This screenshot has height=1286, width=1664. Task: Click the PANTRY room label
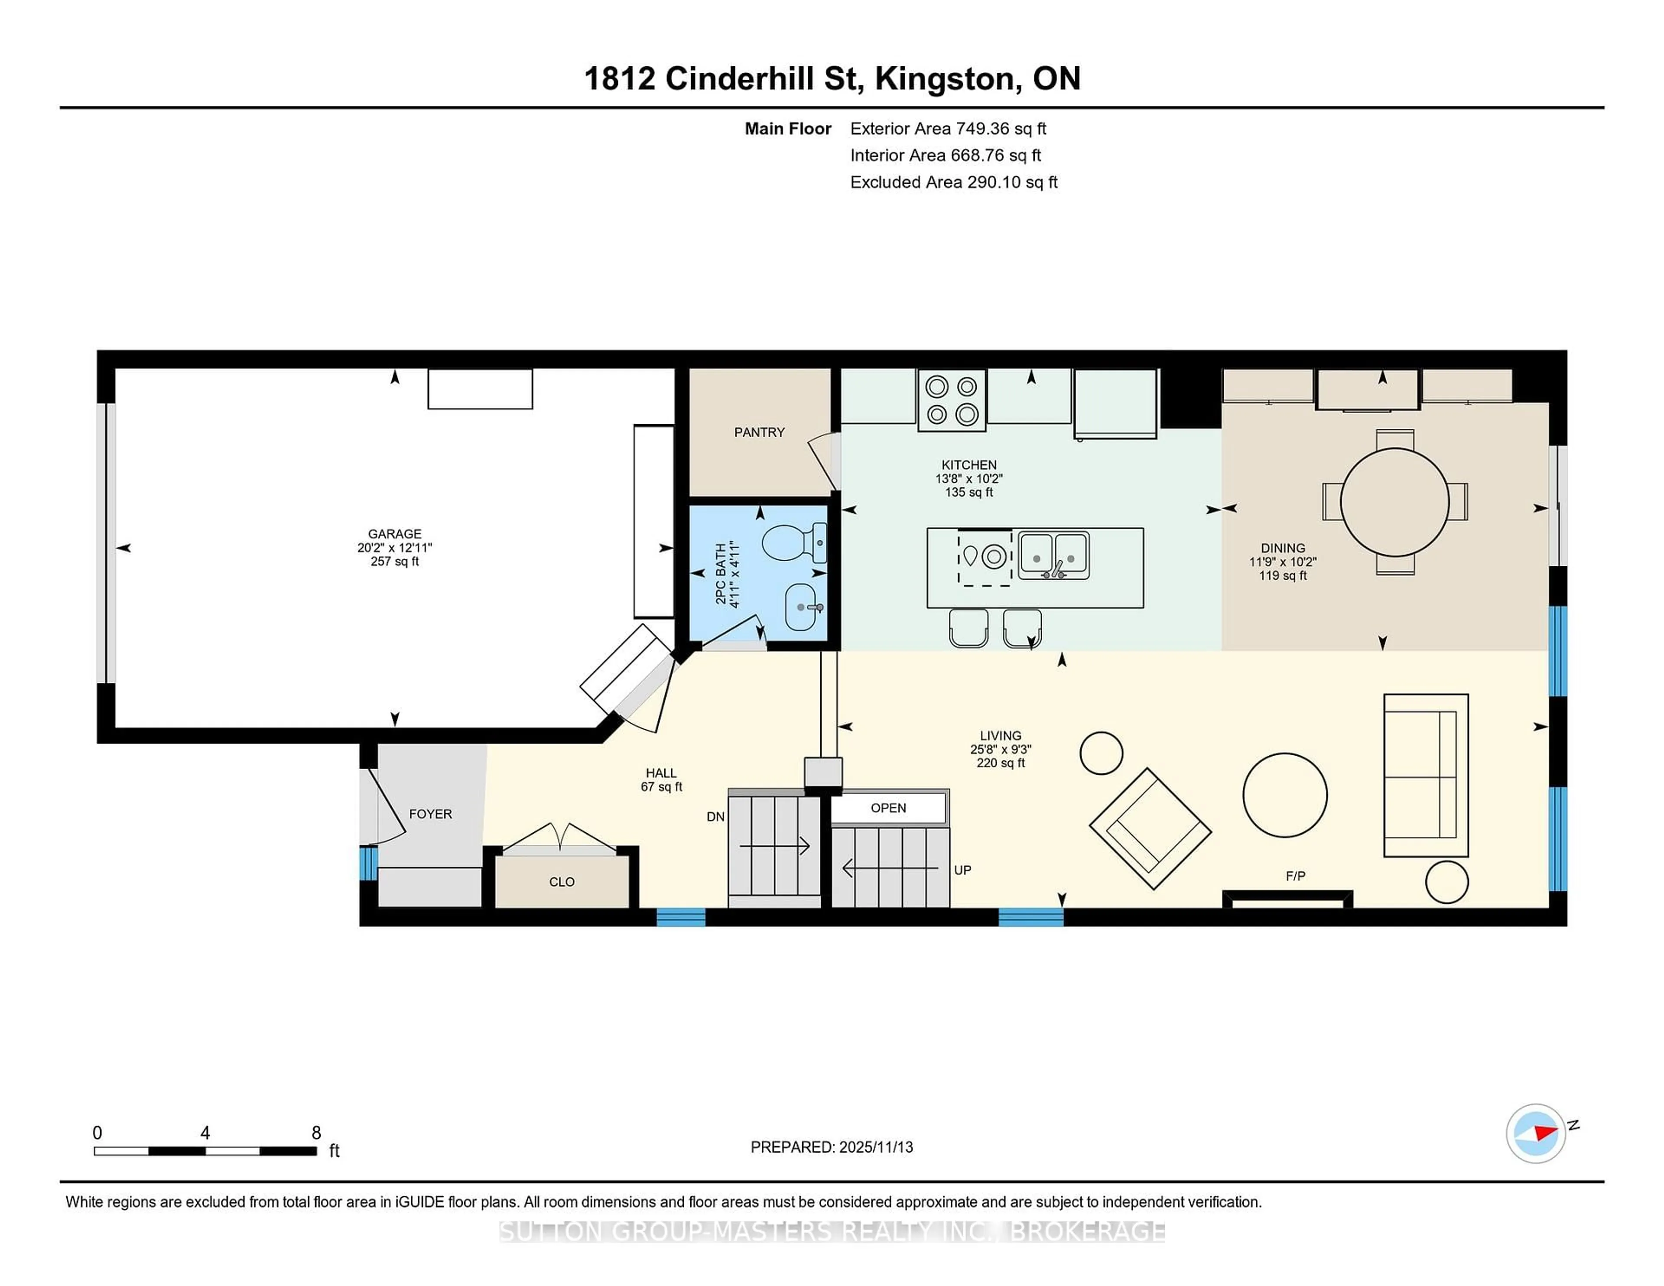pyautogui.click(x=759, y=432)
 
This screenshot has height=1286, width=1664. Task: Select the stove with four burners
pyautogui.click(x=952, y=401)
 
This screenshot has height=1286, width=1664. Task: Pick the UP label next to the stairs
pyautogui.click(x=962, y=870)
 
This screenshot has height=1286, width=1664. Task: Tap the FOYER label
pyautogui.click(x=430, y=814)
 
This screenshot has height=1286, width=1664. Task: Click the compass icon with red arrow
pyautogui.click(x=1535, y=1133)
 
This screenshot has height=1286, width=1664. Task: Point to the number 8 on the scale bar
pyautogui.click(x=316, y=1133)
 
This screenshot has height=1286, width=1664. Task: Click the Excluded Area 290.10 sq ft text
pyautogui.click(x=953, y=182)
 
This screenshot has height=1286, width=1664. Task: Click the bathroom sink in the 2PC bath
pyautogui.click(x=802, y=607)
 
